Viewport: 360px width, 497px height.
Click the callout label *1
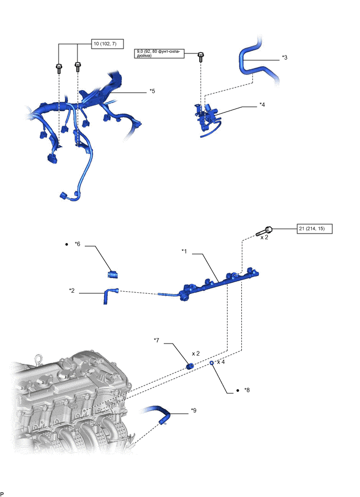184,251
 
